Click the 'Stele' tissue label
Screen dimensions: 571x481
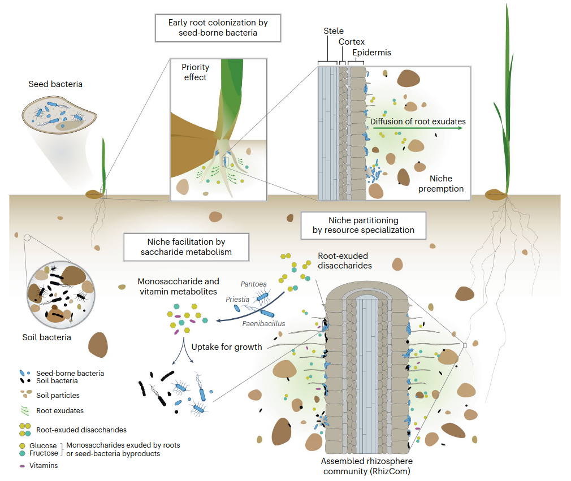(x=334, y=31)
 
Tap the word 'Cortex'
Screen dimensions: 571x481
(x=352, y=42)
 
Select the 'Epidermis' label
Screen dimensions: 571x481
(x=371, y=53)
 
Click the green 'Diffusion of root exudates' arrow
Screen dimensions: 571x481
(x=418, y=128)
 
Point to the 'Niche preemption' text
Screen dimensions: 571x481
(x=440, y=184)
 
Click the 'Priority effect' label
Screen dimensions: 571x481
(x=195, y=72)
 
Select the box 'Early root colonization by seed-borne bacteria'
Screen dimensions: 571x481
(x=218, y=28)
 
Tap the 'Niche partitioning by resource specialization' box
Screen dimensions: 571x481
(x=364, y=226)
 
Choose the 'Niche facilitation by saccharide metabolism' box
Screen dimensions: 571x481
(x=186, y=247)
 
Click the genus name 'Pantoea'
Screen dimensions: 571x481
(x=253, y=284)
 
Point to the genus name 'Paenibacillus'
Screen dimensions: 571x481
(x=263, y=323)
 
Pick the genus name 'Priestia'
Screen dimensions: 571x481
(x=237, y=300)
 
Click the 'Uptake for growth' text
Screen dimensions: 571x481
(x=227, y=347)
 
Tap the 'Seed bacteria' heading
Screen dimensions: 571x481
(x=55, y=84)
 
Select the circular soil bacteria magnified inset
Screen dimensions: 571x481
(x=61, y=294)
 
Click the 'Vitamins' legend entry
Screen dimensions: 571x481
(x=39, y=465)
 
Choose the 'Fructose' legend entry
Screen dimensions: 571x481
(x=39, y=453)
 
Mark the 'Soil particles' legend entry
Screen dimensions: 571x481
(x=50, y=395)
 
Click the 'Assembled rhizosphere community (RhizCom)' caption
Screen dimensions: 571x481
(x=367, y=466)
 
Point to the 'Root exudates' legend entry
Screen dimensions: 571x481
(x=52, y=411)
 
